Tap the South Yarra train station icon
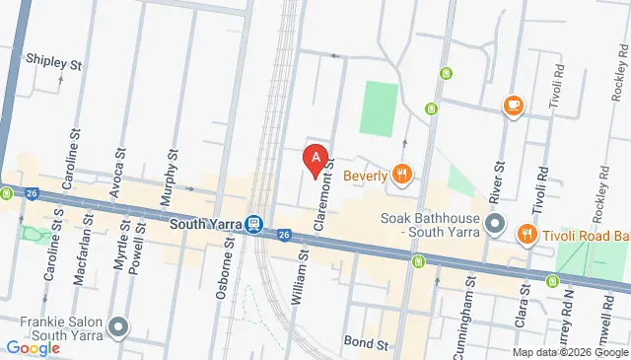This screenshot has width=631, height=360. click(x=254, y=224)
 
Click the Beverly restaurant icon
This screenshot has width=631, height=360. click(x=401, y=176)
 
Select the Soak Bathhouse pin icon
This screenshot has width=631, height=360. click(x=496, y=223)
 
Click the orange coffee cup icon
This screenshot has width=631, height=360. click(x=512, y=106)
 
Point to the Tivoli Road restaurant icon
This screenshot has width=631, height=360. click(x=526, y=235)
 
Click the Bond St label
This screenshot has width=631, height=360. click(x=366, y=342)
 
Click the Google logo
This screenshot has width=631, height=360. click(x=32, y=347)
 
